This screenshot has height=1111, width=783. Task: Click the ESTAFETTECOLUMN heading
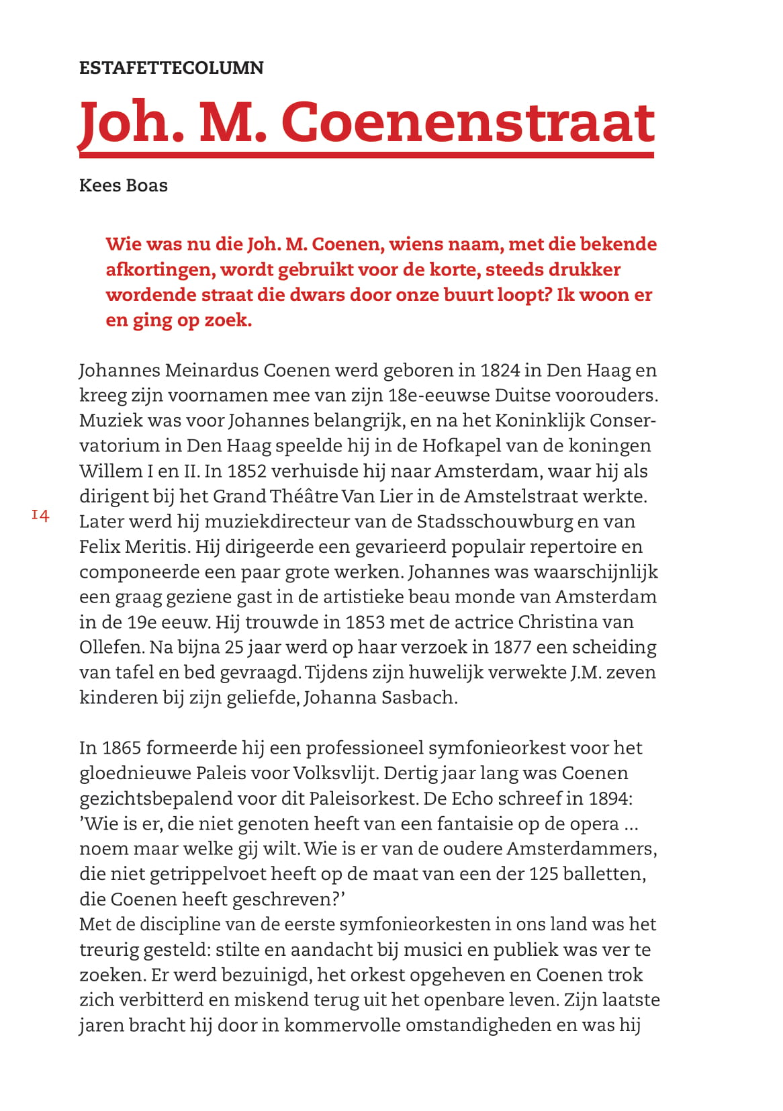click(x=171, y=68)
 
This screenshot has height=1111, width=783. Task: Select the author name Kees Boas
click(x=124, y=185)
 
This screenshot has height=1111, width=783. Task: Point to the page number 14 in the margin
click(x=40, y=515)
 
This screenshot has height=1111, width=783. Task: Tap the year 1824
click(x=500, y=370)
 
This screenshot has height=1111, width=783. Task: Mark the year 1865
click(x=121, y=748)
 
